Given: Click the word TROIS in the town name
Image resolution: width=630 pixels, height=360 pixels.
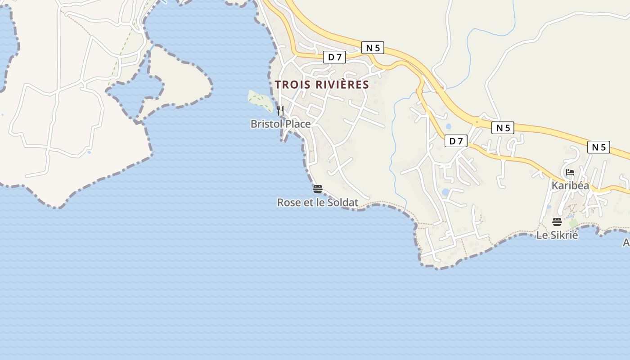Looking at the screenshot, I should (289, 85).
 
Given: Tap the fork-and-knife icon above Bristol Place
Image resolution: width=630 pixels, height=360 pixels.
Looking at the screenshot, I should (280, 110).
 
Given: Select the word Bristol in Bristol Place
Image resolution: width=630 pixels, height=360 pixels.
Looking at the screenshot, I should (266, 124).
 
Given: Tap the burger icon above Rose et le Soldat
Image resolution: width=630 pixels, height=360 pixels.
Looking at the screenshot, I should (318, 189).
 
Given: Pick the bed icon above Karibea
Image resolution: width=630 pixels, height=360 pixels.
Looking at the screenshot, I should (570, 172).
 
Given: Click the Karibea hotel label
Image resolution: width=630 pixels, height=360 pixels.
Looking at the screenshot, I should (570, 185).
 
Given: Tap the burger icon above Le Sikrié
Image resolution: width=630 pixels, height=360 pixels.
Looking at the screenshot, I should (557, 222).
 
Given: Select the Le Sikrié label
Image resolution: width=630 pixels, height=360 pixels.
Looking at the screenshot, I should (557, 235).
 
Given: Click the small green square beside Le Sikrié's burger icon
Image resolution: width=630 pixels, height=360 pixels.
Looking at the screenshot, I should (573, 223).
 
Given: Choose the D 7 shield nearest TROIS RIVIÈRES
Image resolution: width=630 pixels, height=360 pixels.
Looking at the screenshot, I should (334, 57).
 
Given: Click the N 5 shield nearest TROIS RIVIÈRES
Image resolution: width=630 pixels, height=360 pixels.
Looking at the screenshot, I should (373, 48).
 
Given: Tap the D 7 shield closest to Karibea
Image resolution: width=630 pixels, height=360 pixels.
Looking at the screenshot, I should (456, 141).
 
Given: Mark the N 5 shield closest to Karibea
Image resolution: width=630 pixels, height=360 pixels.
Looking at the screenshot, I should (598, 147).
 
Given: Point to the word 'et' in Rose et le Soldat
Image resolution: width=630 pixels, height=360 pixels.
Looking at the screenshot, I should (308, 203).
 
